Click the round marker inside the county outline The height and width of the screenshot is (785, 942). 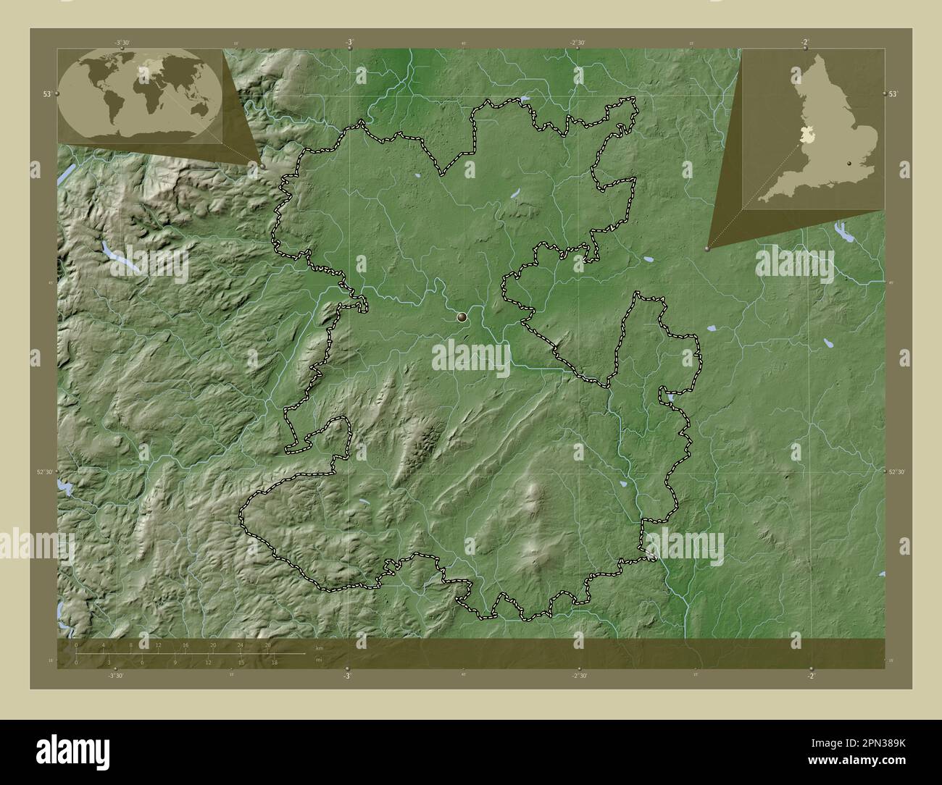pos(462,316)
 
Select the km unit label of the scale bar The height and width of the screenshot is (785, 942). pos(319,647)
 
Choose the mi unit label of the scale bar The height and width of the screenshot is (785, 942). pos(318,660)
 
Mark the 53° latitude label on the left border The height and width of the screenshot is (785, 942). pos(46,94)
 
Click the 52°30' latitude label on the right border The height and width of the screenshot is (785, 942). pos(897,472)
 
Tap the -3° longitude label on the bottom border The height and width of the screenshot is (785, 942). pos(347,676)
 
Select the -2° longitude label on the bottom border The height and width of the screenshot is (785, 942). pos(811,676)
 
